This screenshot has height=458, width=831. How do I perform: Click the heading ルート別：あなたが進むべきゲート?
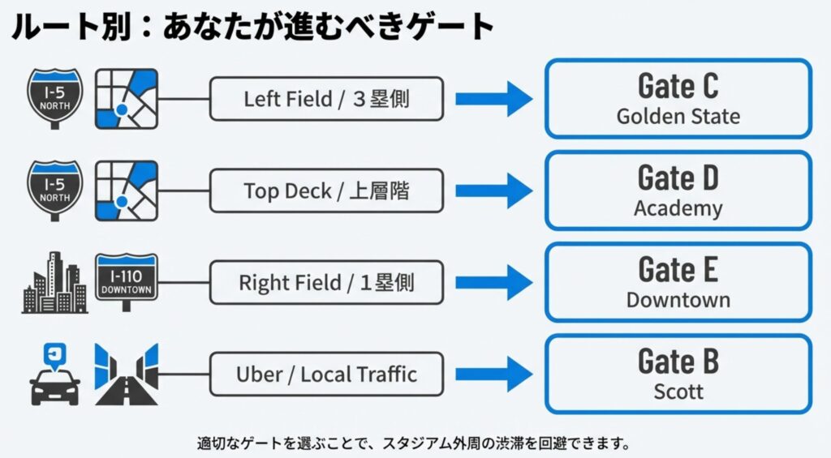[252, 27]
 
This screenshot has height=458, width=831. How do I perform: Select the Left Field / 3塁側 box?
[326, 99]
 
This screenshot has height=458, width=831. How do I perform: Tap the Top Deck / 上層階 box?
[326, 190]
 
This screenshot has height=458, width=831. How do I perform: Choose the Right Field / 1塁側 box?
[326, 283]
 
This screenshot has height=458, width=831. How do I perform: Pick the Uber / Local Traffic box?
[326, 375]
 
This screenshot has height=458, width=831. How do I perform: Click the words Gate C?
[678, 86]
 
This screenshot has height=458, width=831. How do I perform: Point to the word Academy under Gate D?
[678, 208]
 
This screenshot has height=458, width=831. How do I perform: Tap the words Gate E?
[678, 269]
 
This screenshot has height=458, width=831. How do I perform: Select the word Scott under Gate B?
[678, 392]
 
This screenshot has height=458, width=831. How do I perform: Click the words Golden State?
[678, 117]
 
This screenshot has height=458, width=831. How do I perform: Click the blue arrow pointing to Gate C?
[493, 99]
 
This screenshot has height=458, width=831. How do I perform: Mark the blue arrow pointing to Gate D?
[493, 190]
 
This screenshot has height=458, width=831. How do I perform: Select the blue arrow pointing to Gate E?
[493, 283]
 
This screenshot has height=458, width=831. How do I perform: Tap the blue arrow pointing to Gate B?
[493, 375]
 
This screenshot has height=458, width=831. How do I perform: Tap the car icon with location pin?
[55, 375]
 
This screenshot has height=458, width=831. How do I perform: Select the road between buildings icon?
[126, 375]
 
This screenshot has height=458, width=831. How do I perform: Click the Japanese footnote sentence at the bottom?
[414, 443]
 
